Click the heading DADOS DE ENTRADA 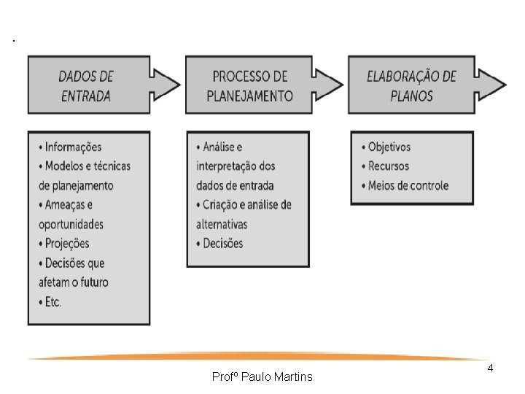pyautogui.click(x=85, y=85)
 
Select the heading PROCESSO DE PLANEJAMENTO pyautogui.click(x=249, y=85)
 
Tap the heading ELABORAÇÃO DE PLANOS pyautogui.click(x=411, y=85)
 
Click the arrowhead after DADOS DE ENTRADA pyautogui.click(x=166, y=85)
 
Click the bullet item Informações pyautogui.click(x=73, y=147)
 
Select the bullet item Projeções pyautogui.click(x=67, y=243)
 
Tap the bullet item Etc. pyautogui.click(x=53, y=301)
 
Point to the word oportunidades pyautogui.click(x=71, y=224)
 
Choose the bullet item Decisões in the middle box pyautogui.click(x=223, y=243)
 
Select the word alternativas pyautogui.click(x=222, y=224)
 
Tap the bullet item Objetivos pyautogui.click(x=389, y=147)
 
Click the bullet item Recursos pyautogui.click(x=388, y=166)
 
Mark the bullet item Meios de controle pyautogui.click(x=408, y=185)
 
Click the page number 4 pyautogui.click(x=490, y=368)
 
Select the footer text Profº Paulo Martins pyautogui.click(x=262, y=377)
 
